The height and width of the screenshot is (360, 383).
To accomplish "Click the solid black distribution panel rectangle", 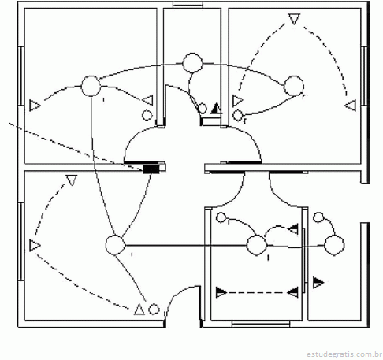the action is (x=151, y=169).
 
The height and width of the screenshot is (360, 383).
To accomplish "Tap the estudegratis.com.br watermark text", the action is (x=344, y=354).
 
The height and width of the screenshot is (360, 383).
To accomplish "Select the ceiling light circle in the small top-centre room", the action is (x=192, y=63).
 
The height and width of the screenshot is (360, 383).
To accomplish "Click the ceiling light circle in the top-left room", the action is (x=91, y=86).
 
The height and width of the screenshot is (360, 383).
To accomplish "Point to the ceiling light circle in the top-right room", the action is (x=294, y=86).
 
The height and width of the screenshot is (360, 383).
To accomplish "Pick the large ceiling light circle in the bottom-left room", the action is (x=115, y=245).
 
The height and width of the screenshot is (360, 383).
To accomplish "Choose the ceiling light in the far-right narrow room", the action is (x=334, y=245).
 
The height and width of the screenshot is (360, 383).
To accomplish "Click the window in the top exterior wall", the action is (x=188, y=5).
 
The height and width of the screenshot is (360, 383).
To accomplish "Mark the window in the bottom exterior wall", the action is (x=261, y=324).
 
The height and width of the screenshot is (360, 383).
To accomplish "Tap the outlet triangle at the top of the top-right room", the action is (x=294, y=19).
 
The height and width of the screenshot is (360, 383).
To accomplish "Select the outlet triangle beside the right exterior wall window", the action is (x=351, y=105).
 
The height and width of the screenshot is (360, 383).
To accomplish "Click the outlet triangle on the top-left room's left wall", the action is (x=35, y=106).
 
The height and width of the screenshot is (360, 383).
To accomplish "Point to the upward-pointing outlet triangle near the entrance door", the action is (x=139, y=310).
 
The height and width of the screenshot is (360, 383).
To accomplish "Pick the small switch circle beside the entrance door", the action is (x=154, y=310).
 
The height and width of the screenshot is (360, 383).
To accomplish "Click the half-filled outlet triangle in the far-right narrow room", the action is (x=318, y=283).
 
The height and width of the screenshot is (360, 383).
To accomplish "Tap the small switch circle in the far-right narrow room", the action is (x=318, y=217).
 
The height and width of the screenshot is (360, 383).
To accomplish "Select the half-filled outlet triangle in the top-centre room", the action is (x=216, y=109).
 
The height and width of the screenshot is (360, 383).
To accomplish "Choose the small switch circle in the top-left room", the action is (x=147, y=115).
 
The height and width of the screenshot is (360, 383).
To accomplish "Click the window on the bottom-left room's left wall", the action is (x=21, y=242).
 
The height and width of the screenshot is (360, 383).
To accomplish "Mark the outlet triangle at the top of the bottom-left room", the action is (x=72, y=180).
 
